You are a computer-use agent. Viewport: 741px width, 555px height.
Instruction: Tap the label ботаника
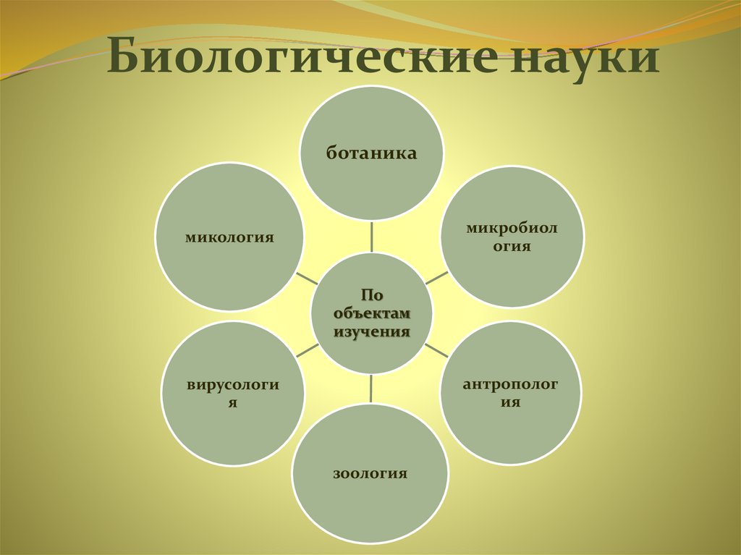[x=371, y=153]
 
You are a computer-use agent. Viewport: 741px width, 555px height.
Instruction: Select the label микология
[x=229, y=237]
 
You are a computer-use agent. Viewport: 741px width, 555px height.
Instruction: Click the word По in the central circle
[x=371, y=295]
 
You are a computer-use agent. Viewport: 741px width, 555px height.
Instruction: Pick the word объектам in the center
[x=371, y=313]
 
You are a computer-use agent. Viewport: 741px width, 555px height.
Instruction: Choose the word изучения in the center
[x=371, y=331]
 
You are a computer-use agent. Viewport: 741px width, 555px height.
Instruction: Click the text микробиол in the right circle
[x=512, y=229]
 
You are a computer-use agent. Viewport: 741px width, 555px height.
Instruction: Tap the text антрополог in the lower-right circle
[x=511, y=384]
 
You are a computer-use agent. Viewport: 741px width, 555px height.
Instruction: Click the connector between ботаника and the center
[x=371, y=237]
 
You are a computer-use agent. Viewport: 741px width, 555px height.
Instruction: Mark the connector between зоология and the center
[x=371, y=389]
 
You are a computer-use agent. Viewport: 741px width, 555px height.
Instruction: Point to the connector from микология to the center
[x=307, y=279]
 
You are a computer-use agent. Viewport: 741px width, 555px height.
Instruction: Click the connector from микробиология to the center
[x=436, y=277]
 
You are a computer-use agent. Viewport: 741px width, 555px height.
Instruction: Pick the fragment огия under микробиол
[x=512, y=247]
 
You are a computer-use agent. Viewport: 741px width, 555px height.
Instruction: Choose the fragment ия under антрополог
[x=511, y=402]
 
